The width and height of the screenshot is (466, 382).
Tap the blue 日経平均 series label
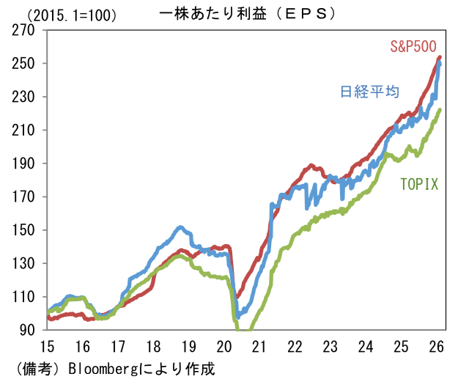(369, 92)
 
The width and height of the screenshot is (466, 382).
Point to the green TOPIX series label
(418, 184)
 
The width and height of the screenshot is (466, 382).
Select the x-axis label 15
(47, 347)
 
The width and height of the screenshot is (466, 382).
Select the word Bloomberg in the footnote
(100, 367)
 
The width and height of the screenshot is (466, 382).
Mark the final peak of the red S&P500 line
(439, 57)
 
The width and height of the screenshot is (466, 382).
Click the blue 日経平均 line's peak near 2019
(181, 227)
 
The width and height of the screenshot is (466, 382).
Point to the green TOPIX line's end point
(439, 111)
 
